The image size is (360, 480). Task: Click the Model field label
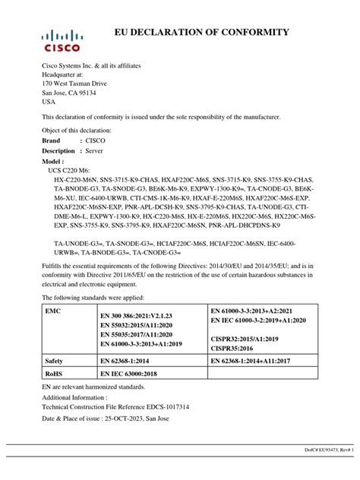[x=52, y=163]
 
